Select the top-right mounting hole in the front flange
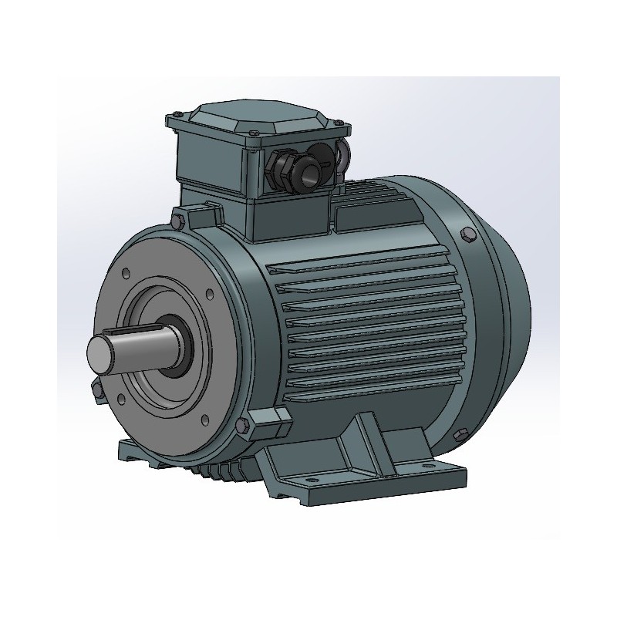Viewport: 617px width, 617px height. [x=208, y=292]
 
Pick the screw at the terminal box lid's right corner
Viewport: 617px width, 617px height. [x=338, y=123]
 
